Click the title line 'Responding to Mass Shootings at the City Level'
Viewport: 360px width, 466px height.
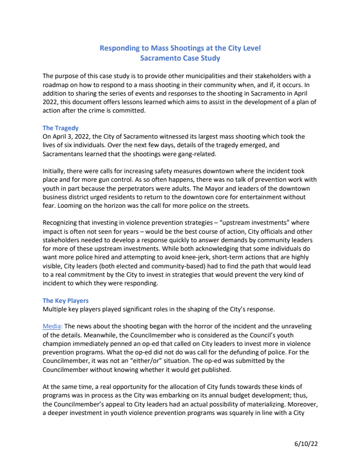pyautogui.click(x=180, y=49)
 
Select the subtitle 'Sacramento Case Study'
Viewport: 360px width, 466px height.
pyautogui.click(x=180, y=58)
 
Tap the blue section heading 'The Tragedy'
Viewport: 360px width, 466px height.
pyautogui.click(x=60, y=128)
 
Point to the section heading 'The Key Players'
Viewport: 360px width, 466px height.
pyautogui.click(x=65, y=301)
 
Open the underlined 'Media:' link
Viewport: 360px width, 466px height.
pyautogui.click(x=52, y=326)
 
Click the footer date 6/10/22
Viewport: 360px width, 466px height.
pyautogui.click(x=305, y=443)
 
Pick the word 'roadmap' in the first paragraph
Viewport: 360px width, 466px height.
pyautogui.click(x=56, y=85)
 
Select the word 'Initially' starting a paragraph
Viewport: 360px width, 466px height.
pyautogui.click(x=53, y=171)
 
